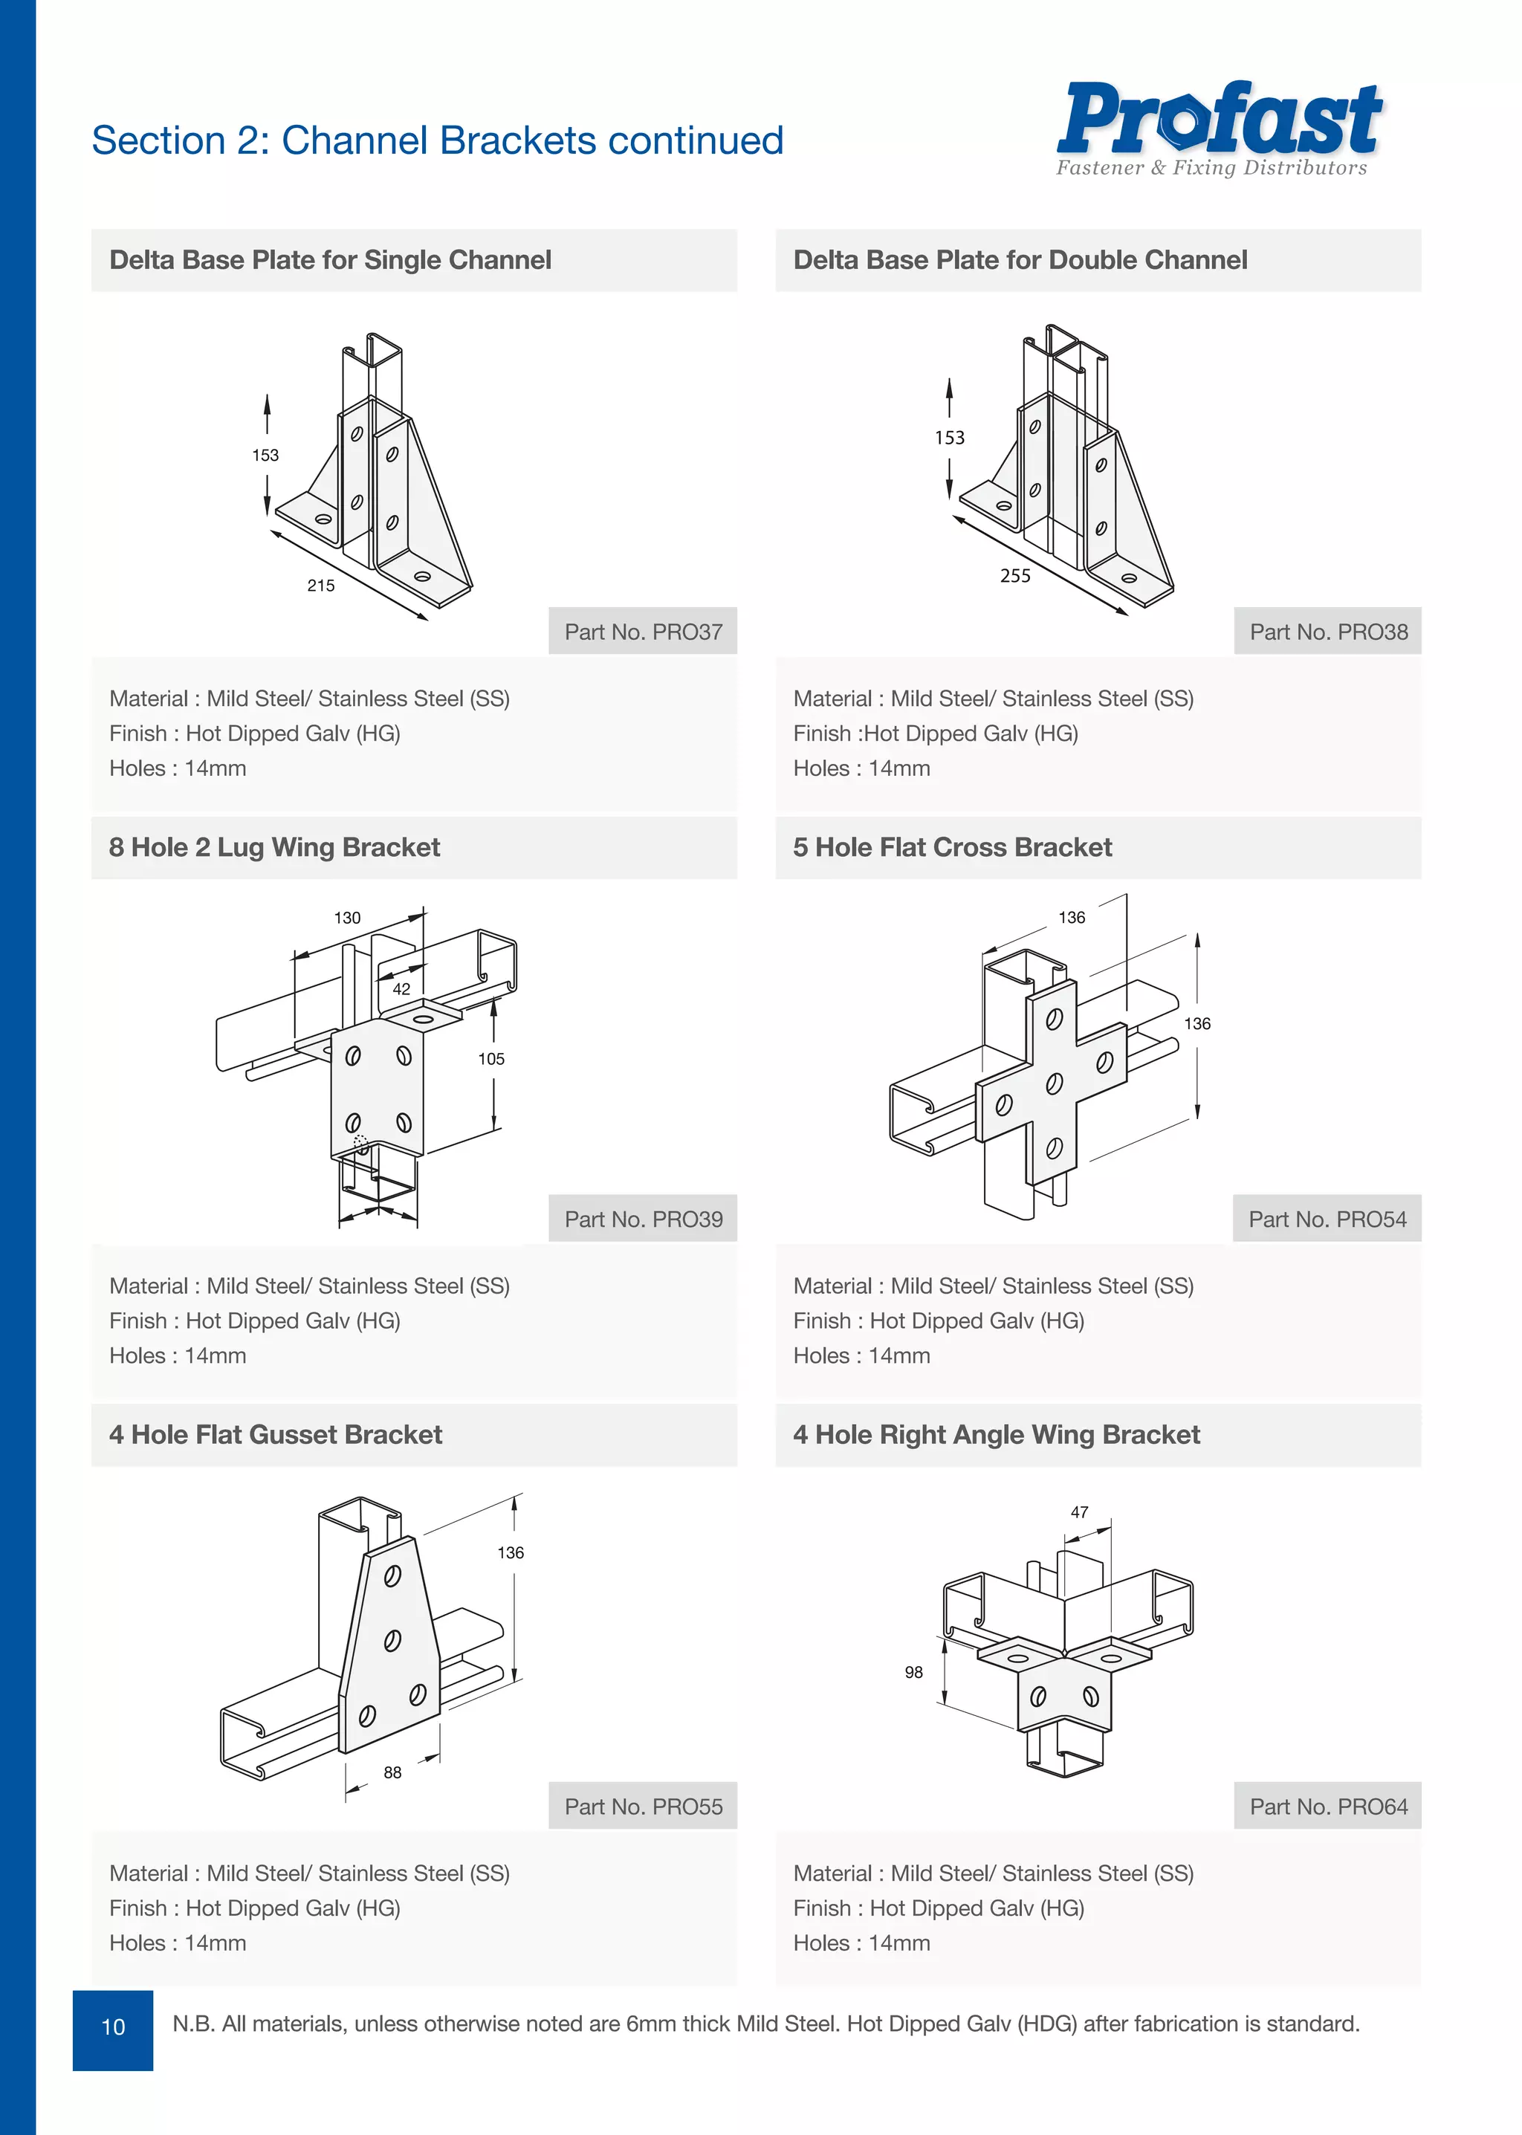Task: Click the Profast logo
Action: click(x=1218, y=126)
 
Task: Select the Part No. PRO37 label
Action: click(x=643, y=632)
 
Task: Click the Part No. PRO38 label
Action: click(x=1328, y=632)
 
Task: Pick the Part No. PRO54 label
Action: click(x=1327, y=1219)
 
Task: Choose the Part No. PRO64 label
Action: click(x=1328, y=1807)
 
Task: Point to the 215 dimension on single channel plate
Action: click(x=320, y=586)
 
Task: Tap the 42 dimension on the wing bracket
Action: click(x=401, y=989)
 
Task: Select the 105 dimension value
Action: click(x=491, y=1059)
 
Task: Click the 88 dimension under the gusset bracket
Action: click(x=392, y=1772)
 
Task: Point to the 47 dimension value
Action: click(x=1080, y=1512)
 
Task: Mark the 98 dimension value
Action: click(x=914, y=1672)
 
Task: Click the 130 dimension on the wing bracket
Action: click(x=347, y=918)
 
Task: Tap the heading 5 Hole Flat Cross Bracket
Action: click(x=952, y=847)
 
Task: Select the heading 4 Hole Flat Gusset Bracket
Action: click(x=276, y=1435)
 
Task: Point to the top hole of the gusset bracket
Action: click(x=392, y=1576)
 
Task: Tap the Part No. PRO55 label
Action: click(x=643, y=1807)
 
